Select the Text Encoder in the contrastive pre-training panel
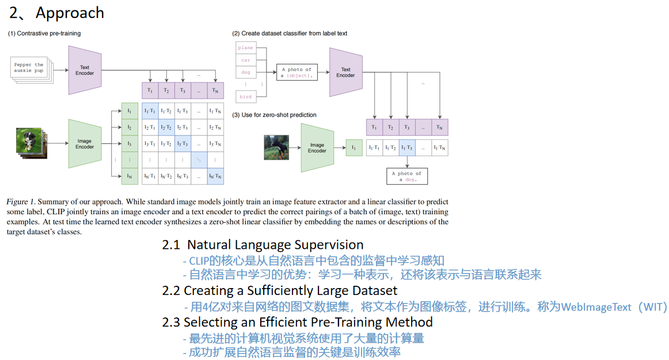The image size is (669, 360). (x=85, y=70)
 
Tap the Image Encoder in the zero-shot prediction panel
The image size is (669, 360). (x=317, y=147)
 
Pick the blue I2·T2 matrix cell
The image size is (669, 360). (x=166, y=127)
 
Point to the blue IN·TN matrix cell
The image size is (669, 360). (x=215, y=176)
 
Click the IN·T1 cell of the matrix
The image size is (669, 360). (x=150, y=176)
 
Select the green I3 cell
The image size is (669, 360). (x=130, y=143)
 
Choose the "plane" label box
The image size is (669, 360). (x=245, y=48)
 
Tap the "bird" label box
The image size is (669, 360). (x=245, y=97)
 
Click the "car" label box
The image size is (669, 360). (x=245, y=60)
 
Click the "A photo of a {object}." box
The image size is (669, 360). (x=297, y=73)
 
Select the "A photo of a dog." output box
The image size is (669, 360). (x=407, y=176)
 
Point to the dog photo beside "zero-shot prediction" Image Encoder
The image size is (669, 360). (x=276, y=147)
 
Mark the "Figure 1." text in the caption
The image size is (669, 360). (x=21, y=202)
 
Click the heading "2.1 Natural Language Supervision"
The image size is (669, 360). (x=263, y=245)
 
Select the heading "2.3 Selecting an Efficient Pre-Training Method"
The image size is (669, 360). (x=297, y=321)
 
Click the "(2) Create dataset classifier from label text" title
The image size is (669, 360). (x=290, y=33)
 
